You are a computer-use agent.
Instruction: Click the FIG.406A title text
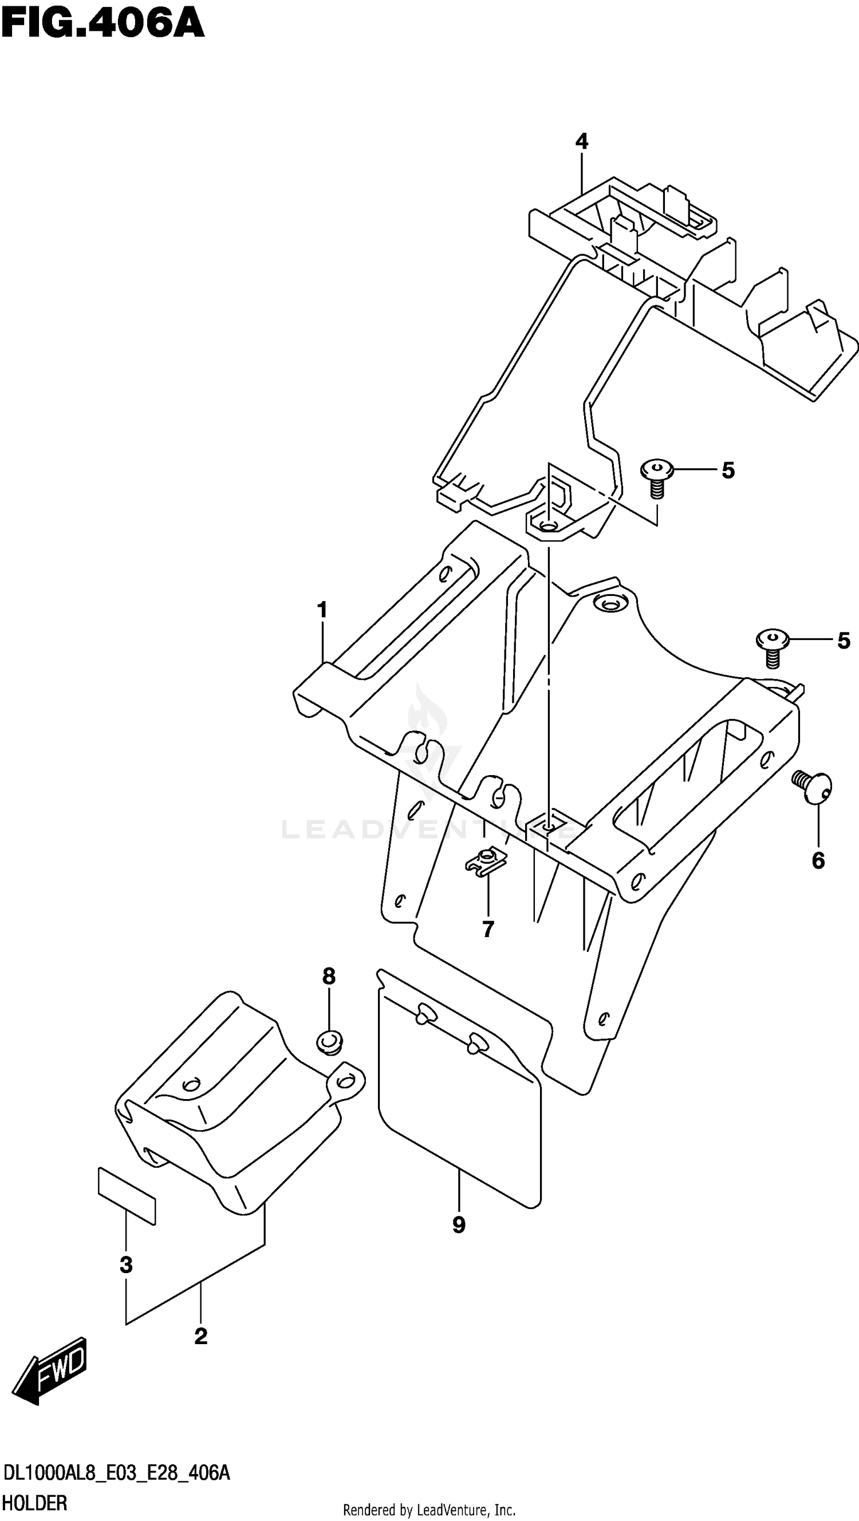point(103,25)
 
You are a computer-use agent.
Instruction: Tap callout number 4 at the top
point(582,142)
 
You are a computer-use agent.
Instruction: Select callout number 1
point(322,610)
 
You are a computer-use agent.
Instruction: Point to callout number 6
point(818,861)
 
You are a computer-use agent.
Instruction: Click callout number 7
point(488,929)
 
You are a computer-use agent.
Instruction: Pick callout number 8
point(329,977)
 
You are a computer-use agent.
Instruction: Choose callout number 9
point(459,1224)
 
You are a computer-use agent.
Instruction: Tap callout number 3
point(126,1265)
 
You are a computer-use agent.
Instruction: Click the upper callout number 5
point(728,471)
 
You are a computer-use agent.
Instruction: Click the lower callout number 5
point(844,641)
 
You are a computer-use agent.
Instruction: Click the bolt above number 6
point(813,786)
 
